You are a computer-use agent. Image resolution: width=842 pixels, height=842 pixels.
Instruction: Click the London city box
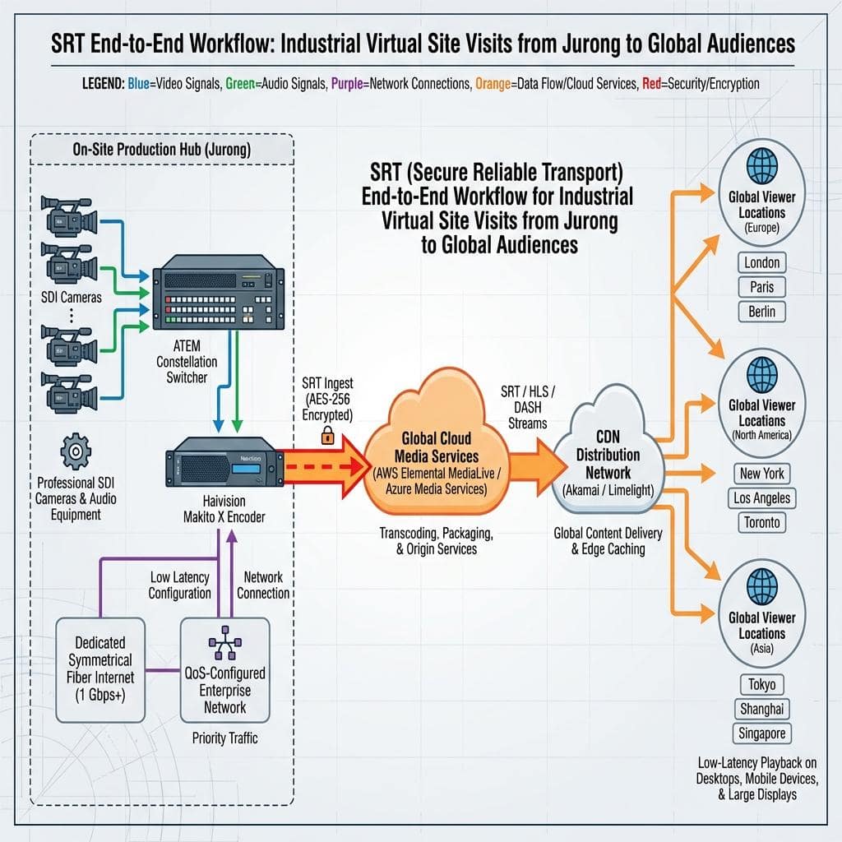pos(761,263)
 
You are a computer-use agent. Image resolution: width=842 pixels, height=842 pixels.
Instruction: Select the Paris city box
pos(761,288)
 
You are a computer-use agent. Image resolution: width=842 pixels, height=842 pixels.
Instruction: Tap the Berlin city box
pos(761,312)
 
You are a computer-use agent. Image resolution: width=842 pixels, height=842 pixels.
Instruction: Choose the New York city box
pos(761,474)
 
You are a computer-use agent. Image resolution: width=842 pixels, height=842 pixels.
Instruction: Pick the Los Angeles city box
pos(761,497)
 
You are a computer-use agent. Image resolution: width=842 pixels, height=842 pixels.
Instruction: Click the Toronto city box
pos(761,522)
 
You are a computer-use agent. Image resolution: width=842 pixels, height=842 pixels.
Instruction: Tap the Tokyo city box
pos(761,684)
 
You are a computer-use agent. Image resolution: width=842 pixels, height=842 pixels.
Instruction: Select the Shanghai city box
pos(761,709)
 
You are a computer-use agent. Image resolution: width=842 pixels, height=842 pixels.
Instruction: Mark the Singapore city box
pos(761,733)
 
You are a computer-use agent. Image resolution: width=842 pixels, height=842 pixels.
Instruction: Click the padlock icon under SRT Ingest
pos(327,436)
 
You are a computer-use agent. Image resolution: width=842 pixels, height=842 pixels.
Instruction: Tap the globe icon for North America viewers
pos(761,373)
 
